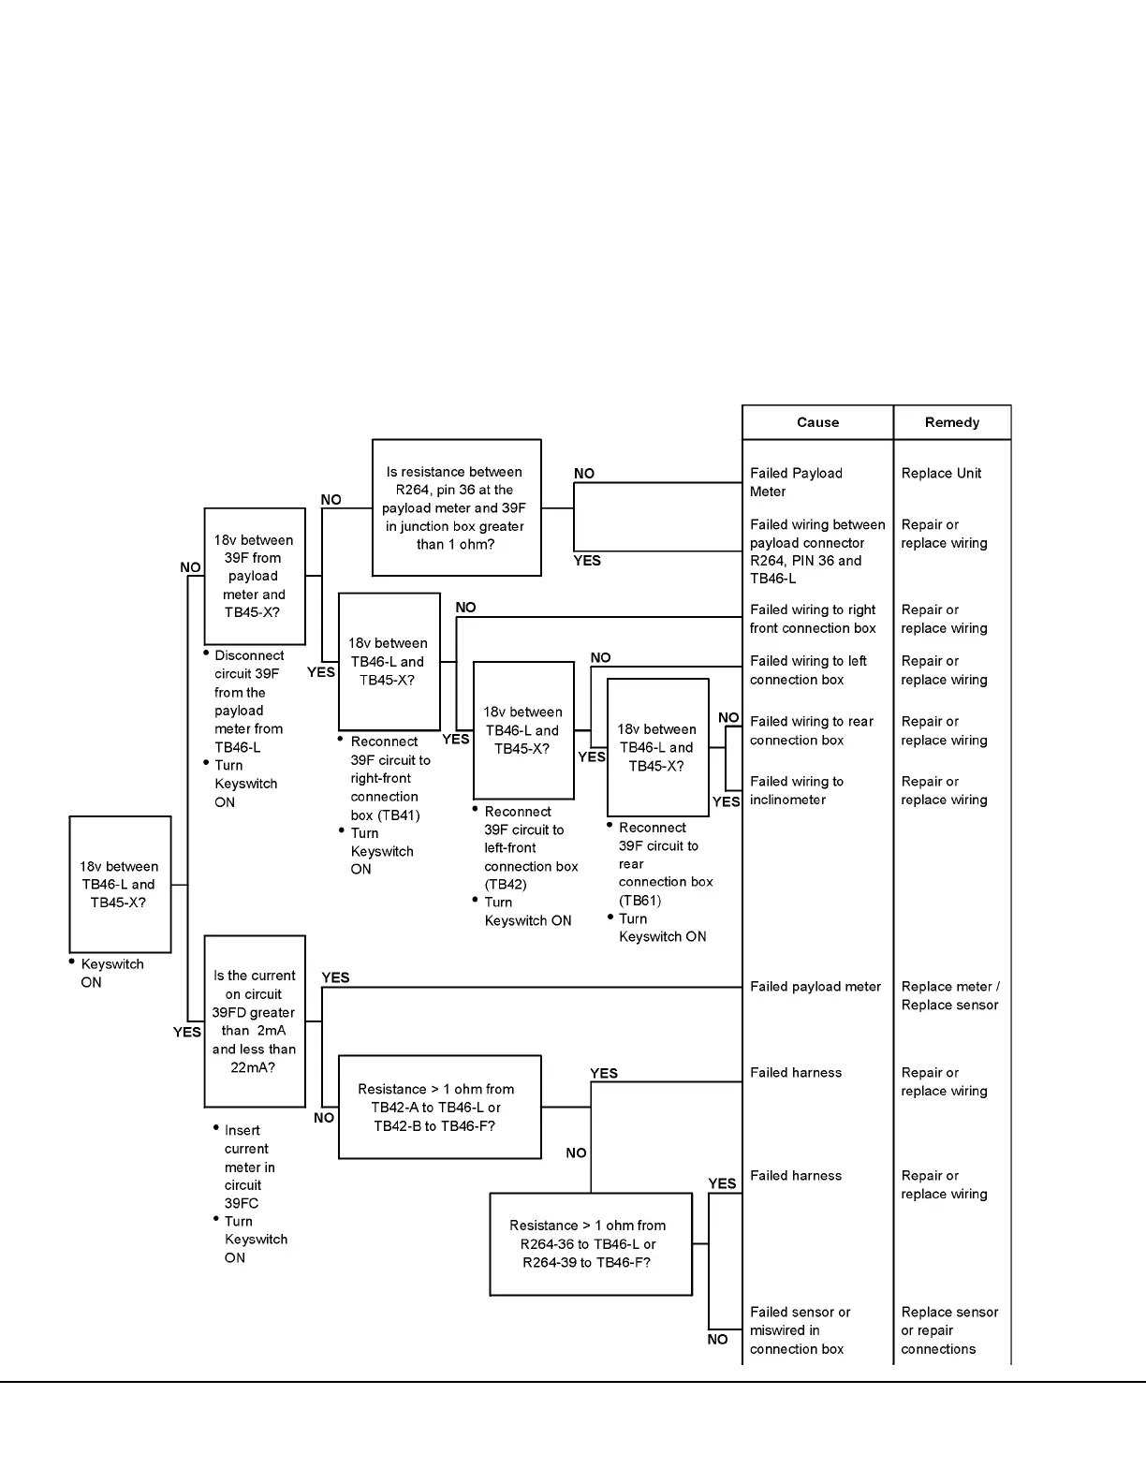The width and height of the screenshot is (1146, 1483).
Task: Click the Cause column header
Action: pyautogui.click(x=817, y=422)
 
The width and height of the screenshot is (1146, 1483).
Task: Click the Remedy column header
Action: pyautogui.click(x=951, y=422)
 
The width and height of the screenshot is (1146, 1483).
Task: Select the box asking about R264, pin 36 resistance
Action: pyautogui.click(x=456, y=507)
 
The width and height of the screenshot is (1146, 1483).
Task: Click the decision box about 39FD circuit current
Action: pyautogui.click(x=254, y=1021)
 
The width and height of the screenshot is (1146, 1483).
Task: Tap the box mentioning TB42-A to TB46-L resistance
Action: pyautogui.click(x=439, y=1108)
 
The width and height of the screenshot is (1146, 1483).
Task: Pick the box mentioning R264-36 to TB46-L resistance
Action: pyautogui.click(x=590, y=1244)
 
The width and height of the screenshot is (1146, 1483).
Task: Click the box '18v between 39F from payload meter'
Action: pyautogui.click(x=254, y=576)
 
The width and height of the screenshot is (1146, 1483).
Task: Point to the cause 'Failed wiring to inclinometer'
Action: pyautogui.click(x=796, y=790)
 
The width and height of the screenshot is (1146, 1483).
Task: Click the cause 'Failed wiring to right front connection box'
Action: pyautogui.click(x=812, y=619)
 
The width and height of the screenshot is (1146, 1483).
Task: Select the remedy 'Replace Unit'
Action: pyautogui.click(x=941, y=474)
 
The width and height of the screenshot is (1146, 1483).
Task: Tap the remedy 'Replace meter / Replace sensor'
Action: pyautogui.click(x=949, y=995)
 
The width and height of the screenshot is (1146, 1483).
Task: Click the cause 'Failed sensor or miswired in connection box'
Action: pyautogui.click(x=800, y=1330)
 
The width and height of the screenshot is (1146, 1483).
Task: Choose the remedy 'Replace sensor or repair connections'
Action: pyautogui.click(x=948, y=1330)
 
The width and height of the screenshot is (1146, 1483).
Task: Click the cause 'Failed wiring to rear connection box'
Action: pyautogui.click(x=811, y=730)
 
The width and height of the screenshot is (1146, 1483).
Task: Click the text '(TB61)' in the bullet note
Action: pyautogui.click(x=640, y=901)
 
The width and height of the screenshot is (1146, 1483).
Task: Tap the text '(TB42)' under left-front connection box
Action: pyautogui.click(x=506, y=885)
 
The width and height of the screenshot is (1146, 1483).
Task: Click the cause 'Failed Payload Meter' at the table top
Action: pyautogui.click(x=796, y=482)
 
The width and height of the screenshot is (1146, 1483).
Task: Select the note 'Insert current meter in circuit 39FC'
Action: pyautogui.click(x=249, y=1167)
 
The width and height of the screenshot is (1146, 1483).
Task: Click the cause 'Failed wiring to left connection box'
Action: pyautogui.click(x=808, y=670)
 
